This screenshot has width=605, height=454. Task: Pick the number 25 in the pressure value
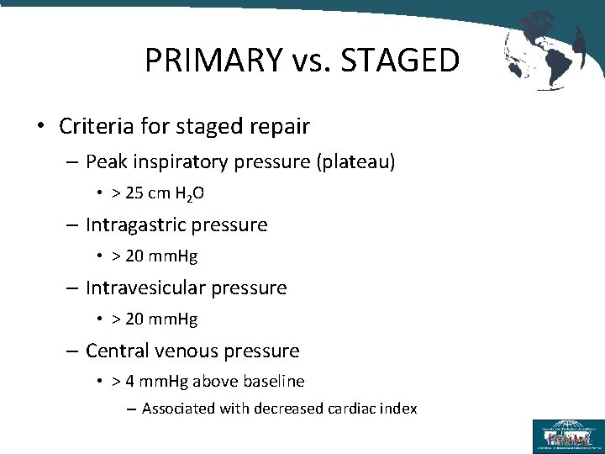134,193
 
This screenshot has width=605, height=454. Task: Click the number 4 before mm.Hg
129,382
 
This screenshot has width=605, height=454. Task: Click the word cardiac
351,409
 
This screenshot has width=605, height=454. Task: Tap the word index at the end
398,409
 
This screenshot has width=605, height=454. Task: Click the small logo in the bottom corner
568,436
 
